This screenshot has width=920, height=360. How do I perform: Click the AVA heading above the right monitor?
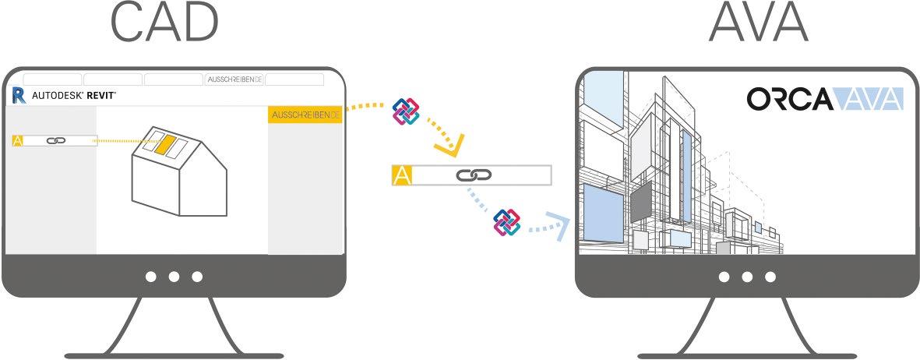coord(759,22)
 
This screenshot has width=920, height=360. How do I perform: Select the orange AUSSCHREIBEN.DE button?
coord(305,115)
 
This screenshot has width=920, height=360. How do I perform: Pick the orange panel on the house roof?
coord(165,145)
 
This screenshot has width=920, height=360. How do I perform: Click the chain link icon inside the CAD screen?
coord(56,141)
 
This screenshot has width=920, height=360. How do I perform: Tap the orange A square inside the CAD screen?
coord(18,141)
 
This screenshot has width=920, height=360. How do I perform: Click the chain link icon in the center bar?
coord(473,175)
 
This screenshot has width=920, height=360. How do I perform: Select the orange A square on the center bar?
coord(402,175)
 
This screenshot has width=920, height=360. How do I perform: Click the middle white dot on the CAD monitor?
coord(174,277)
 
